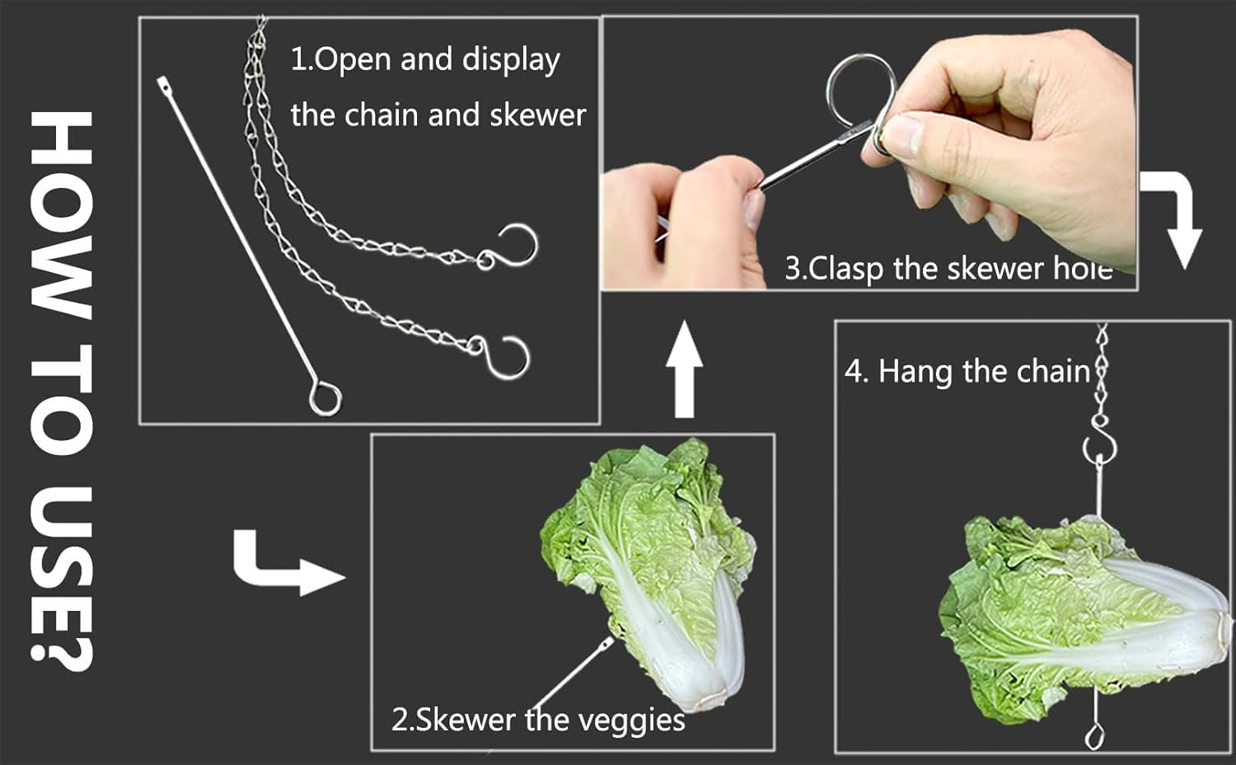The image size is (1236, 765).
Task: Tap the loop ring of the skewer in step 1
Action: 325,398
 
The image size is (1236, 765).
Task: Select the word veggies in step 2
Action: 631,720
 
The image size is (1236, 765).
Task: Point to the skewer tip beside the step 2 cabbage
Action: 607,641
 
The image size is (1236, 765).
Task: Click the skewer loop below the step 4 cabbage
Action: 1094,734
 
